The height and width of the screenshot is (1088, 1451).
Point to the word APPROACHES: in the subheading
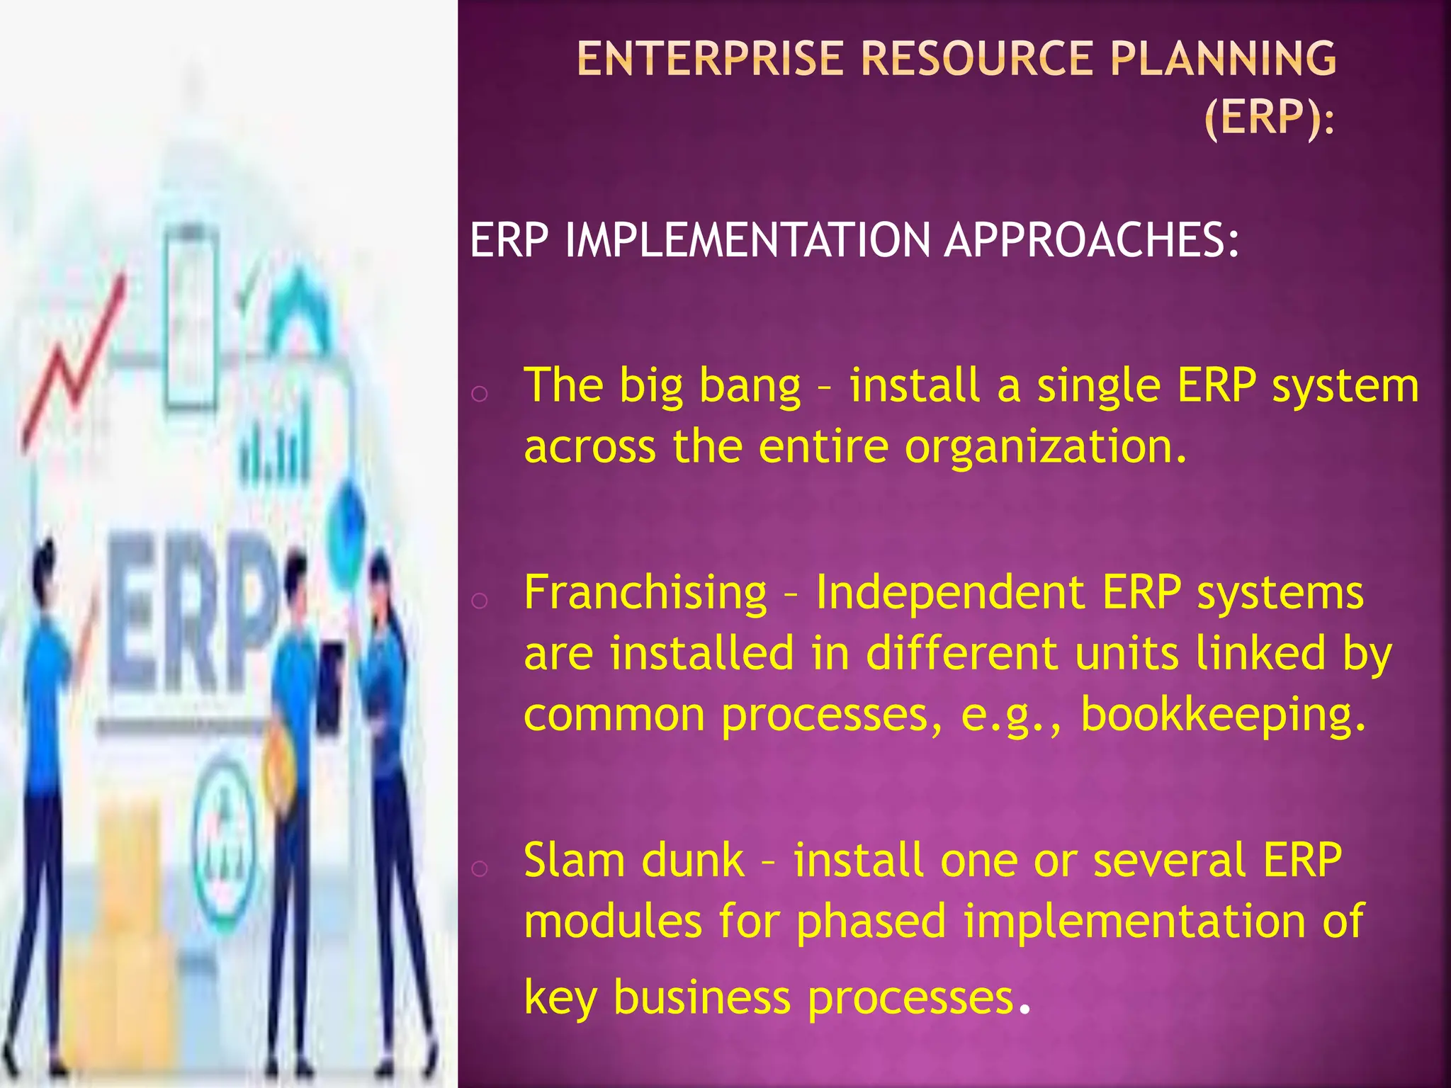[1092, 240]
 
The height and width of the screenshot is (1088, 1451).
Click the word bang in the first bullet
[750, 387]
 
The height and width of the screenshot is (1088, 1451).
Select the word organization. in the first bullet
[1045, 448]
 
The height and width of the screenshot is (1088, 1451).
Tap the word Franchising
[645, 593]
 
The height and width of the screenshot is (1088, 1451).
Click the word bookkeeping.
[1223, 715]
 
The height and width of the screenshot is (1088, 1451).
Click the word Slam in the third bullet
[573, 861]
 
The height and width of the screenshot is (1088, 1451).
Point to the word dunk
[692, 861]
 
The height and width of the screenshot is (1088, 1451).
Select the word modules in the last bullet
[612, 922]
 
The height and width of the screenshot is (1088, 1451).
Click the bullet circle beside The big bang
[480, 394]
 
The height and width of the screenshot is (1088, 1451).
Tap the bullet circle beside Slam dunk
[480, 868]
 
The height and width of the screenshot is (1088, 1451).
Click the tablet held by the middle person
[330, 687]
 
